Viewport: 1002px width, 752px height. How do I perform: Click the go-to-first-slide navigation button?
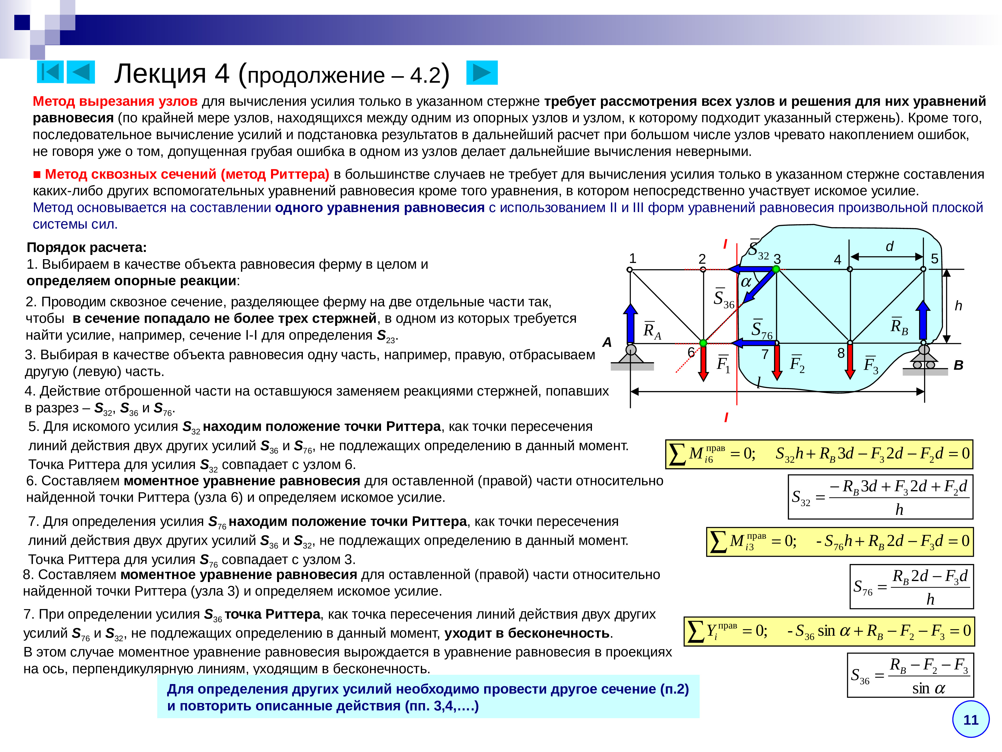pyautogui.click(x=50, y=72)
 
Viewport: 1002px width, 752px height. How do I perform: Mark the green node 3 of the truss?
pyautogui.click(x=776, y=269)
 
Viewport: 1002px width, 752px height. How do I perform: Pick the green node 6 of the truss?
pyautogui.click(x=703, y=343)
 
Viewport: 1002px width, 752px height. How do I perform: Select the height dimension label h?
pyautogui.click(x=958, y=306)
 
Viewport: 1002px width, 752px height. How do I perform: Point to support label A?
pyautogui.click(x=607, y=342)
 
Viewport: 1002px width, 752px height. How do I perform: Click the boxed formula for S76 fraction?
pyautogui.click(x=911, y=587)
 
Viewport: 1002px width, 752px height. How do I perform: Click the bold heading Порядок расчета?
pyautogui.click(x=86, y=247)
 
